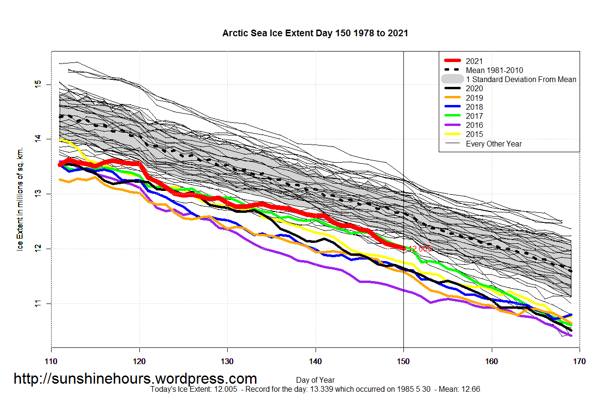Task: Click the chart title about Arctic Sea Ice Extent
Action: (x=315, y=33)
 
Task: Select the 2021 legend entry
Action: (x=474, y=61)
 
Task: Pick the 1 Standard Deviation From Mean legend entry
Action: (x=521, y=79)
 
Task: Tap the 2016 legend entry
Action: (x=474, y=125)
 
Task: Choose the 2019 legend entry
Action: (x=474, y=98)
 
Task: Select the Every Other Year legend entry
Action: (x=494, y=144)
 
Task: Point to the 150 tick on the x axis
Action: (x=403, y=362)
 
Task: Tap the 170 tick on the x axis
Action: (x=579, y=362)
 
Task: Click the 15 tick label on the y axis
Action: (x=37, y=84)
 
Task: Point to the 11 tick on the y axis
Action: (x=37, y=303)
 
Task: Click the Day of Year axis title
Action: (x=315, y=380)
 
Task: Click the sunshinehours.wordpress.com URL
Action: (x=135, y=379)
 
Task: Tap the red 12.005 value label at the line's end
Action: (x=420, y=249)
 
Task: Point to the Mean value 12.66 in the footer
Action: (x=470, y=389)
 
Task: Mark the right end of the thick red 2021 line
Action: (x=403, y=248)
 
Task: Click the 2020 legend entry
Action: (x=474, y=88)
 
